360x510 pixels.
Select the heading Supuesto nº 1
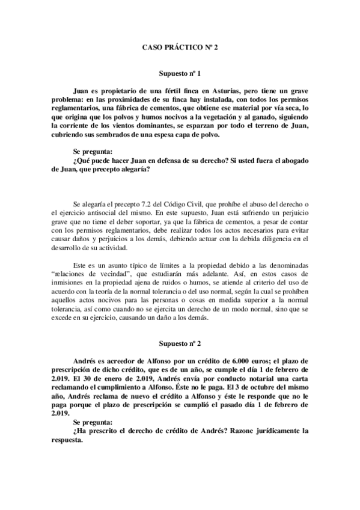180,70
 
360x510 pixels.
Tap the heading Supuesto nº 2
180,343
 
